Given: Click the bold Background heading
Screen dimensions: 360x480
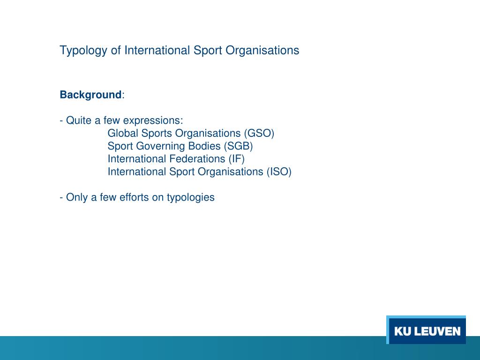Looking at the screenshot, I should coord(90,95).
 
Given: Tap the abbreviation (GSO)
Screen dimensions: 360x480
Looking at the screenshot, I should coord(259,133).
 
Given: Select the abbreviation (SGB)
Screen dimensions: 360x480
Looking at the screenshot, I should coord(238,146).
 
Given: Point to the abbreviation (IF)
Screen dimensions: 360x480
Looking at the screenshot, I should coord(237,159).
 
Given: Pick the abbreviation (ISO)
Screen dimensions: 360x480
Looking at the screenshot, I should coord(279,172).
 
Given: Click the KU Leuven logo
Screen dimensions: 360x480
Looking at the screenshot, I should coord(426,331).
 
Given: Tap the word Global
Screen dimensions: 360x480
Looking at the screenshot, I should coord(123,133).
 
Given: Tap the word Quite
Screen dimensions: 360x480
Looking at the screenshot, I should coord(79,120).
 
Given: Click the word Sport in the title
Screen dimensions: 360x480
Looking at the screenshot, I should coord(208,50).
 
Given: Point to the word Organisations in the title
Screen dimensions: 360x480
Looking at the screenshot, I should coord(262,51).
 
